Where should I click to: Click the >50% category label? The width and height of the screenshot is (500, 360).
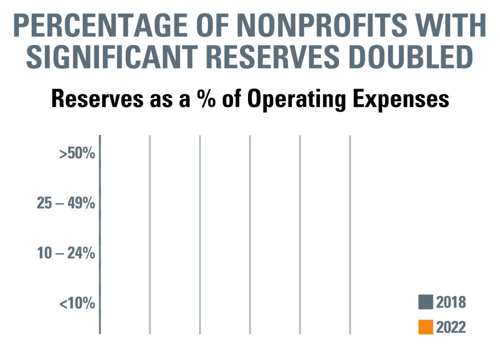(77, 153)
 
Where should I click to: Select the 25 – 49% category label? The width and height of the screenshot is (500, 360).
(66, 203)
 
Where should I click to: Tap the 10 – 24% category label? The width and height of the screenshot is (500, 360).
(66, 253)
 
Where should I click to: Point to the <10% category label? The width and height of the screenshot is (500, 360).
(77, 303)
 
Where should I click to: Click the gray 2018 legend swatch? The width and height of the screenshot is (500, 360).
(425, 302)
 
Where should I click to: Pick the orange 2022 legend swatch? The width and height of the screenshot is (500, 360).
(425, 327)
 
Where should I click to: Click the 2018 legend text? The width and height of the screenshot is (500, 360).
(450, 302)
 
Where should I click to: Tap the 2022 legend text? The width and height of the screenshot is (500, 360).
(450, 327)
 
